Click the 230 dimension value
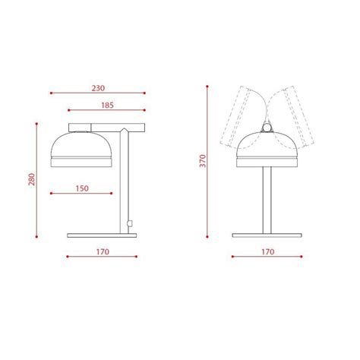coord(99,87)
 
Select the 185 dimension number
coord(107,105)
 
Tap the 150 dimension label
coord(82,188)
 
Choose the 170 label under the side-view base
coord(103,251)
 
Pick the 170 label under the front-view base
coord(268,251)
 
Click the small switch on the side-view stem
coord(131,223)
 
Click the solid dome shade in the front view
coord(267,146)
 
